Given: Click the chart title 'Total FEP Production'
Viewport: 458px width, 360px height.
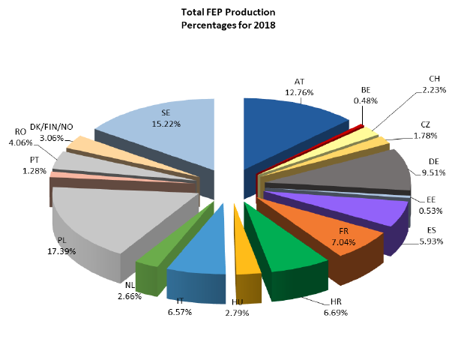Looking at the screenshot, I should pyautogui.click(x=228, y=13).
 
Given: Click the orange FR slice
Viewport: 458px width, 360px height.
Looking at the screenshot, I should pyautogui.click(x=337, y=232).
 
